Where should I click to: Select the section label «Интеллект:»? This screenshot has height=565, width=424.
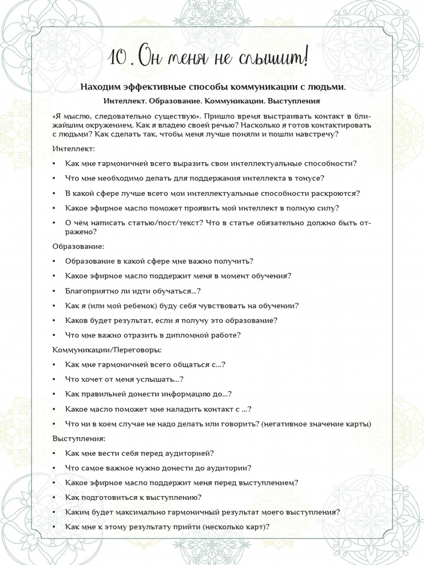[x=73, y=149]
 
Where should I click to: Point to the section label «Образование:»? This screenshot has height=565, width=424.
[x=78, y=246]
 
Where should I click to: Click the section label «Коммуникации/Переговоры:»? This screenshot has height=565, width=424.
[x=107, y=350]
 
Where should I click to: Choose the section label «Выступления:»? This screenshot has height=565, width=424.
[x=78, y=439]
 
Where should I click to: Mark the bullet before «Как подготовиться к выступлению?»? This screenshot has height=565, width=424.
[x=54, y=498]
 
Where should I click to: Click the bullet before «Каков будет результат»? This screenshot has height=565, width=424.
[x=54, y=321]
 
